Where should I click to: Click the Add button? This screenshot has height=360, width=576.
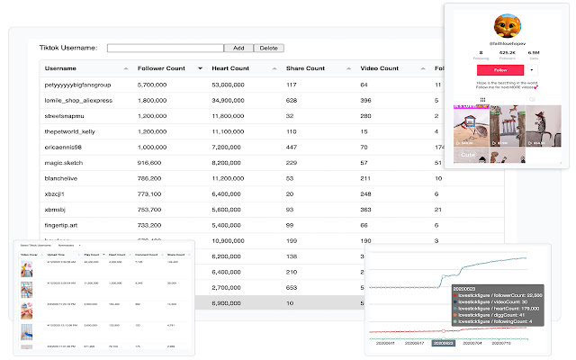click(x=238, y=48)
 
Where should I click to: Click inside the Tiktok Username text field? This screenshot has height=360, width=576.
click(x=166, y=48)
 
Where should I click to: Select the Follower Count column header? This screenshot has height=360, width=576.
click(x=161, y=68)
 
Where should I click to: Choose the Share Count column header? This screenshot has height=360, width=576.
click(x=305, y=68)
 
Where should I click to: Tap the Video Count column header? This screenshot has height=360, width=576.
click(x=379, y=68)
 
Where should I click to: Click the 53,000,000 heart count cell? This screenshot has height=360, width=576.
click(x=232, y=85)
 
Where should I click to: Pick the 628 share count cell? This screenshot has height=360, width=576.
click(x=292, y=100)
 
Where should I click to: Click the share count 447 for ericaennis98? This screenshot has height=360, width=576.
click(x=292, y=146)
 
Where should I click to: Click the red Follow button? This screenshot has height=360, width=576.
click(x=500, y=69)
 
